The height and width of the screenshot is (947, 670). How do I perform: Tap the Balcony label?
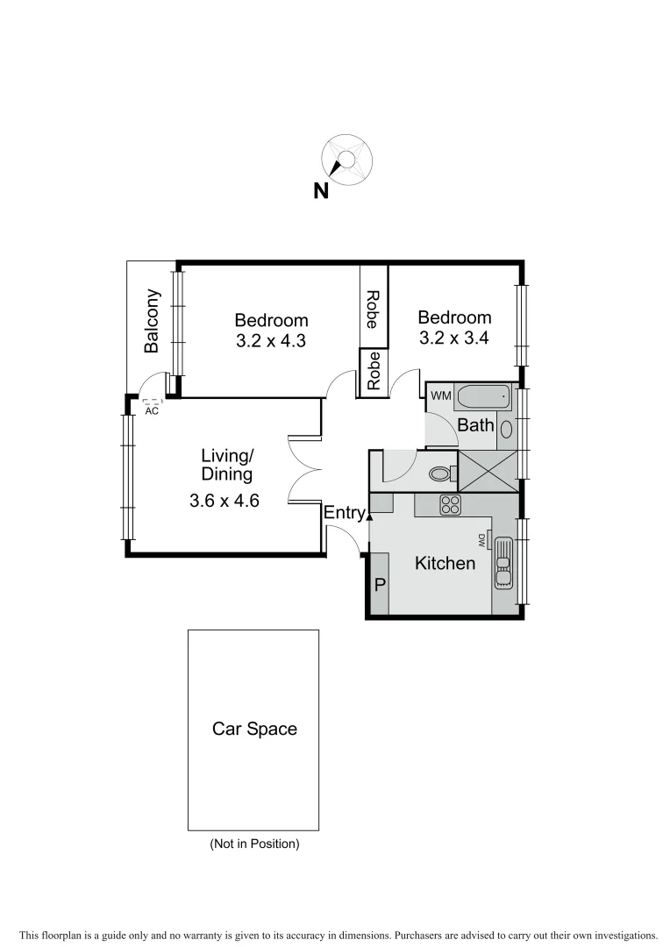[x=153, y=321]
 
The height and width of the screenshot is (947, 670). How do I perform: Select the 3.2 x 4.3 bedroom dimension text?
[x=271, y=341]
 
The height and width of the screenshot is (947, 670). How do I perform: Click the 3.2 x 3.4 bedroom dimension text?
[x=453, y=338]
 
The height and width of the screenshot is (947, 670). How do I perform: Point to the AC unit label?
[x=152, y=410]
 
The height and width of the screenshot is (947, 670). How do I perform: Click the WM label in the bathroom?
[x=440, y=396]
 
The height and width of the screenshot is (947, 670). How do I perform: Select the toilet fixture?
[x=441, y=474]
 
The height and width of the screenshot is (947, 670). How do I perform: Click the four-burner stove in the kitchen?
[x=450, y=504]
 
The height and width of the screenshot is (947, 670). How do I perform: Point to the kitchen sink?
[x=503, y=562]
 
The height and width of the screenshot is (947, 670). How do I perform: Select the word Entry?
[x=344, y=513]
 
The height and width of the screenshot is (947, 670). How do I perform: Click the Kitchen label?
[x=445, y=563]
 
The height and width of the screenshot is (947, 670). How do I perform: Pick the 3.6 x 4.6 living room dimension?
[x=225, y=502]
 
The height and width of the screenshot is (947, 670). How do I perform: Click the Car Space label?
[x=254, y=729]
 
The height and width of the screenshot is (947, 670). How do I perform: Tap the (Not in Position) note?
[x=254, y=844]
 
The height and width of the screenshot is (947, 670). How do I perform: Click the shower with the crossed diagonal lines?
[x=488, y=466]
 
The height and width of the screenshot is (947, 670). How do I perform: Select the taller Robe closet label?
[x=373, y=309]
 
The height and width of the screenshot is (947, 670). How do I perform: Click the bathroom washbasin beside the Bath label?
[x=507, y=427]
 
